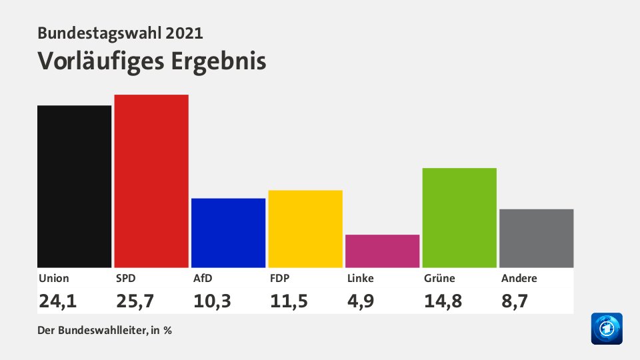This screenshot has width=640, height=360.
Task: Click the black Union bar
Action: (x=74, y=186)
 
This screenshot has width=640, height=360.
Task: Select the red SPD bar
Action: (x=151, y=181)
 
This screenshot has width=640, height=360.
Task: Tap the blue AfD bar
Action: (x=228, y=233)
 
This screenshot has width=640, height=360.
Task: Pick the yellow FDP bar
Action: (x=305, y=229)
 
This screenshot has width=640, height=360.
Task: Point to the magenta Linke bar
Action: (x=382, y=251)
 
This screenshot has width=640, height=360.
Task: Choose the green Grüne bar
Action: (x=459, y=217)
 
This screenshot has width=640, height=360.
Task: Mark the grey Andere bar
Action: (x=536, y=238)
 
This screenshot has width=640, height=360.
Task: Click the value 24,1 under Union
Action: (x=58, y=301)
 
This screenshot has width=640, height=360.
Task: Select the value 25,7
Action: (x=135, y=301)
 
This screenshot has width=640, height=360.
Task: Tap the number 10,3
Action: (x=212, y=301)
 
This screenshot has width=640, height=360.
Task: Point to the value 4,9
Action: (x=361, y=301)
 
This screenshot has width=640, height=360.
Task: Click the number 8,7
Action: (x=515, y=301)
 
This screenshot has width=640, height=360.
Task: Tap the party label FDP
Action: (x=280, y=279)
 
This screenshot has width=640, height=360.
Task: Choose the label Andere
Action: (x=519, y=279)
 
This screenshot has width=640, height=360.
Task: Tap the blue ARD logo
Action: (x=607, y=329)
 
